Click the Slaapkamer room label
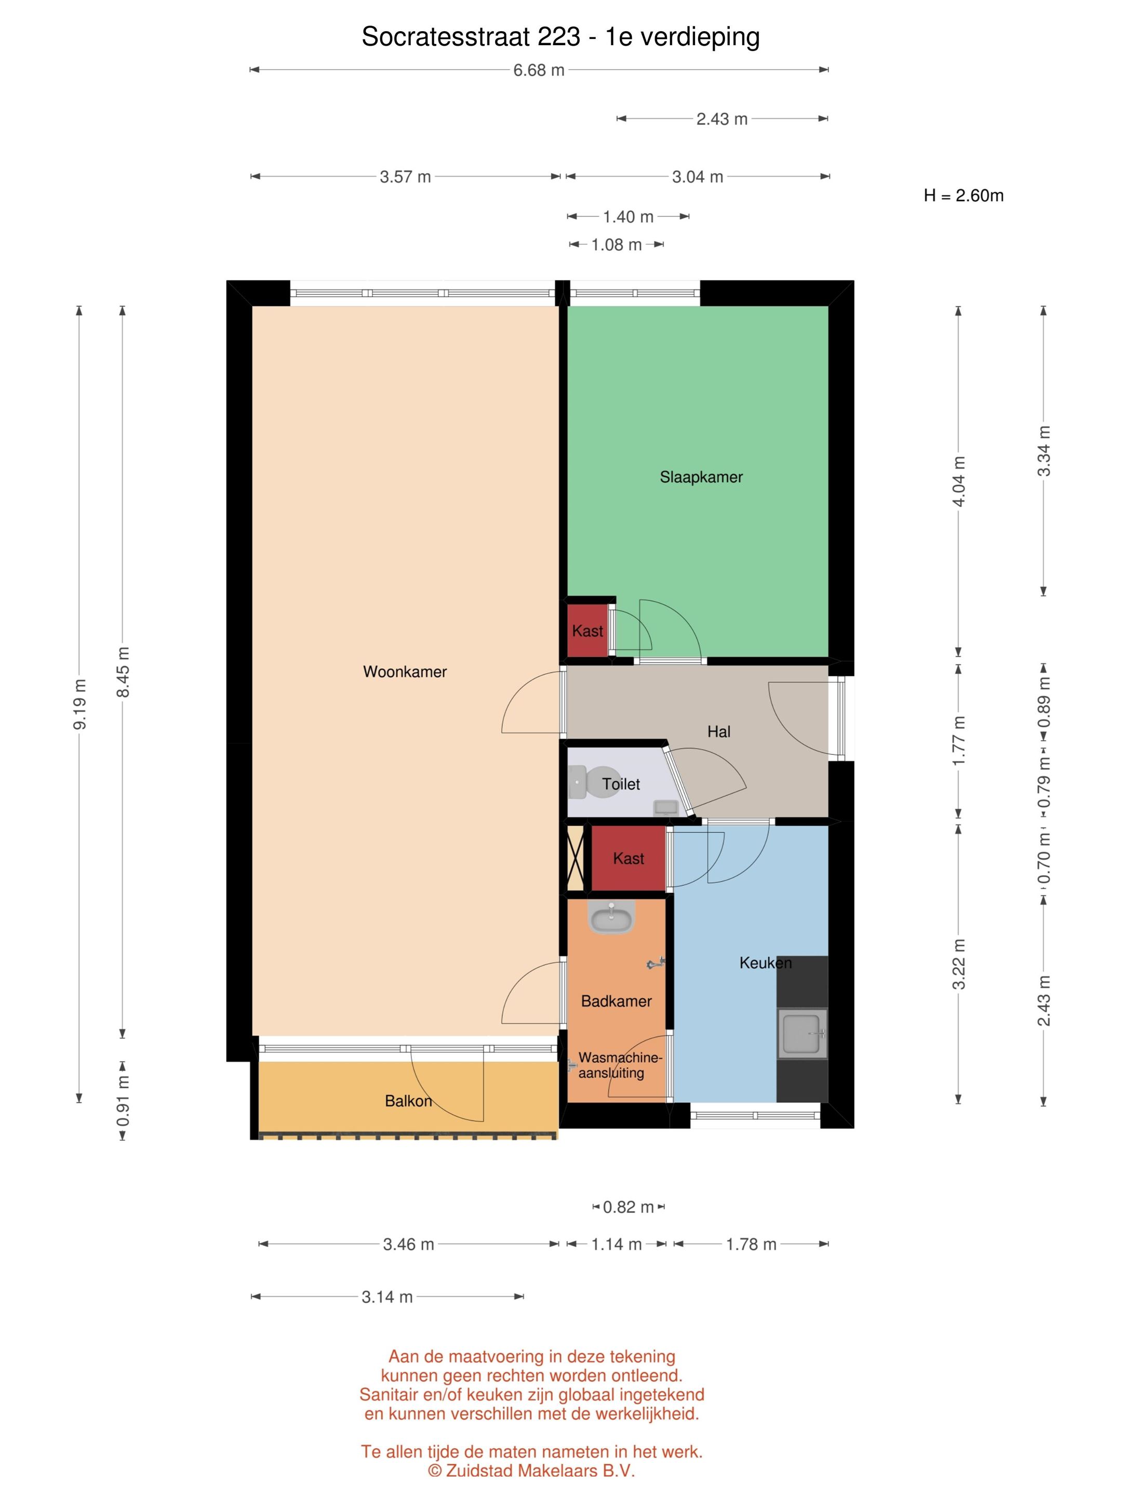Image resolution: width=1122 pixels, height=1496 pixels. click(701, 477)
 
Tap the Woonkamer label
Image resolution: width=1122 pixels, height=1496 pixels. click(405, 672)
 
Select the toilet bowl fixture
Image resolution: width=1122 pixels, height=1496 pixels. click(595, 782)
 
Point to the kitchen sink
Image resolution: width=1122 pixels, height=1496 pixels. click(802, 1033)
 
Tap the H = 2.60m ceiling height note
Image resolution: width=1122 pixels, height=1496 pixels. click(963, 195)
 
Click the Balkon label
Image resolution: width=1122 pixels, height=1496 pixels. click(408, 1101)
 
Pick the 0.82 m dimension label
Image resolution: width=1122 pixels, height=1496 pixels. click(629, 1207)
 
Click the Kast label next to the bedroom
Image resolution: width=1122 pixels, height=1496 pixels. click(587, 631)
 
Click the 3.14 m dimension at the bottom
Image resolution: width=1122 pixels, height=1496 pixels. click(387, 1297)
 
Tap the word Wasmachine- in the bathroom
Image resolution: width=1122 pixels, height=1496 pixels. click(620, 1057)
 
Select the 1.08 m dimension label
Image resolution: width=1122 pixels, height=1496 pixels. click(616, 245)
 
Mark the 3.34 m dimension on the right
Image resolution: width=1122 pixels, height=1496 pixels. click(1044, 450)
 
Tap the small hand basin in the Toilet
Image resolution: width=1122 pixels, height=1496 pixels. click(665, 807)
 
